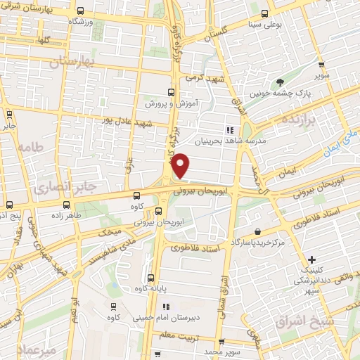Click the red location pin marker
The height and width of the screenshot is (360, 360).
181,166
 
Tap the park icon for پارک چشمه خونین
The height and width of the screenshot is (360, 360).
281,83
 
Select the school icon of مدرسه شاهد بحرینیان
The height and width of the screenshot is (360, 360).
229,129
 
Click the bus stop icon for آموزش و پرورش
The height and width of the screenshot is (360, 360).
171,91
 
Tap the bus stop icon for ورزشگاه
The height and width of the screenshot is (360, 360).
80,11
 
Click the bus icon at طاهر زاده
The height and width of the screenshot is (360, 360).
67,205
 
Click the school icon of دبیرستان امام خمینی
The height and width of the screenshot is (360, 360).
166,306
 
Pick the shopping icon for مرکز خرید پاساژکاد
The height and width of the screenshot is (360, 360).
259,231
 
